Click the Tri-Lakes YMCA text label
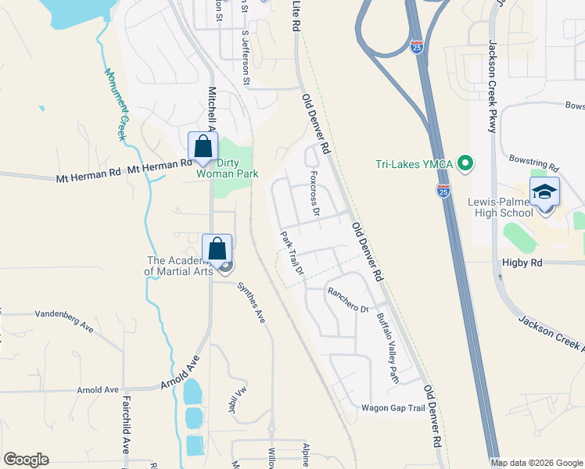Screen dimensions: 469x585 (412, 163)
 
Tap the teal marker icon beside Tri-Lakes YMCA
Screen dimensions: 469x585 (465, 163)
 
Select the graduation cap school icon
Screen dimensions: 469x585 (545, 192)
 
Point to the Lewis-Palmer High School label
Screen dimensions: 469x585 (501, 206)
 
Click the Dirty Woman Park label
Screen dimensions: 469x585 (236, 168)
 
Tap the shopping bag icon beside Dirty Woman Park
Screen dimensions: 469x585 (203, 146)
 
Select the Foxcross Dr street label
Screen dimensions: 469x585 (314, 193)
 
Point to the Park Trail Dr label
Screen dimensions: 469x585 (292, 255)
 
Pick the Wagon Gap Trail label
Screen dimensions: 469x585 (393, 408)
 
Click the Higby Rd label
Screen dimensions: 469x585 (526, 263)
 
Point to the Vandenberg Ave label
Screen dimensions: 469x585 (64, 321)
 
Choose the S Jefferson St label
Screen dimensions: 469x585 (246, 58)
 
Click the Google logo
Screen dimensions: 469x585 (26, 460)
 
